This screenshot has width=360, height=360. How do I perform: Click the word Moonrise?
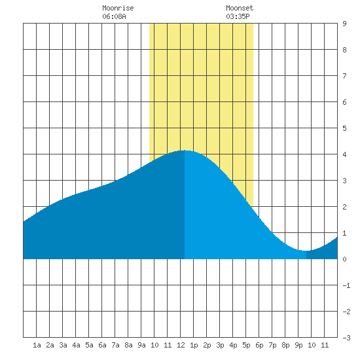[x=118, y=8]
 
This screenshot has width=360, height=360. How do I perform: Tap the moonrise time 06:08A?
[x=114, y=16]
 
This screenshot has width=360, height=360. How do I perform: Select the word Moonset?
[x=240, y=8]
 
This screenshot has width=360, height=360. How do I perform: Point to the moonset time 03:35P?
[x=238, y=16]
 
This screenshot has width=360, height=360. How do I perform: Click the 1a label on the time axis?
[x=37, y=345]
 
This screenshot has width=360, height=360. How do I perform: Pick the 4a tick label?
[x=76, y=345]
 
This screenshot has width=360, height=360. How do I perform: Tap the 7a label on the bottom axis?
[x=115, y=345]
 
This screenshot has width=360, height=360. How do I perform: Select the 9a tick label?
[x=141, y=345]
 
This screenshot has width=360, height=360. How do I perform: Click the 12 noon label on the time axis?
[x=181, y=345]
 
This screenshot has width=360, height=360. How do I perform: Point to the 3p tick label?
[x=220, y=345]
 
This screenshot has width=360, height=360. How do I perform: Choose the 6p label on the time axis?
[x=259, y=345]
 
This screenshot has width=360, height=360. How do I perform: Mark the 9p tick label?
[x=298, y=345]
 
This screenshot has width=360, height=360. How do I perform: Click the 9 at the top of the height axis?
[x=344, y=24]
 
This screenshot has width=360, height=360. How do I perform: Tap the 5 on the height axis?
[x=344, y=128]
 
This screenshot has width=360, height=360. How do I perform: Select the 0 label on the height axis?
[x=344, y=259]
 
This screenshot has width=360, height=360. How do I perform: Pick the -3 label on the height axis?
[x=346, y=338]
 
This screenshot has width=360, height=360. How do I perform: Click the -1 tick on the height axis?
[x=346, y=285]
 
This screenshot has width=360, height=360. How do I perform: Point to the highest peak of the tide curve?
[x=185, y=151]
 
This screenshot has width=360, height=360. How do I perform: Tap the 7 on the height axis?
[x=344, y=76]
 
